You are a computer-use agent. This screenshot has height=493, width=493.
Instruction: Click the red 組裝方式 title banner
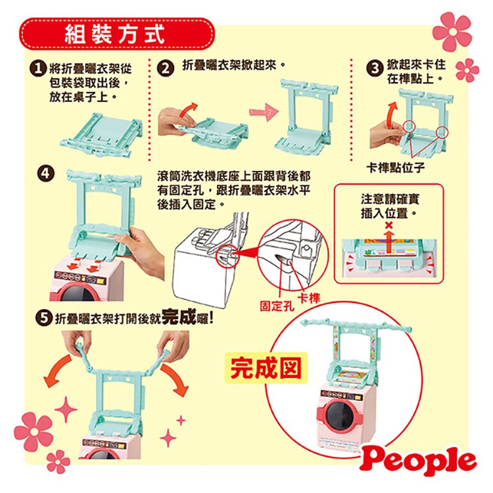(x=117, y=34)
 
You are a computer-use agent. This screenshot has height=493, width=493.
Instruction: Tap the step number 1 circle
(x=37, y=68)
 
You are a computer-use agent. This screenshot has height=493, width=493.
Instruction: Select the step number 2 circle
(x=166, y=68)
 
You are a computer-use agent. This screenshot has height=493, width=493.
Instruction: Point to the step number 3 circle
(x=375, y=68)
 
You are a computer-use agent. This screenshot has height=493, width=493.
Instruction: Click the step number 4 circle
(x=46, y=174)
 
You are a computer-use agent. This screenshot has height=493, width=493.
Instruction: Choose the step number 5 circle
(x=44, y=318)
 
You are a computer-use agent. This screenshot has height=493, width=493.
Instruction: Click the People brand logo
(x=418, y=461)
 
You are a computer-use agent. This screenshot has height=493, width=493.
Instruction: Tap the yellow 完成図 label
(x=266, y=368)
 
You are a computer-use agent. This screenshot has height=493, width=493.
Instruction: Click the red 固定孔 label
(x=277, y=306)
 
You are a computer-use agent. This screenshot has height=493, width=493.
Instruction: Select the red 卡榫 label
(x=308, y=298)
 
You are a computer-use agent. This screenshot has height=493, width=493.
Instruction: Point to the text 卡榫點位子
(x=396, y=167)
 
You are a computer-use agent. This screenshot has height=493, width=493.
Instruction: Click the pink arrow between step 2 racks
(x=264, y=112)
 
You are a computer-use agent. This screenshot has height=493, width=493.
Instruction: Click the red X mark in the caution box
(x=389, y=225)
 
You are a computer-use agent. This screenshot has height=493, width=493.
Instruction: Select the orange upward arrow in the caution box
(x=389, y=241)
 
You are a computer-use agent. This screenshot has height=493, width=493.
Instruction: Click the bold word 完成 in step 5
(x=179, y=316)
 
